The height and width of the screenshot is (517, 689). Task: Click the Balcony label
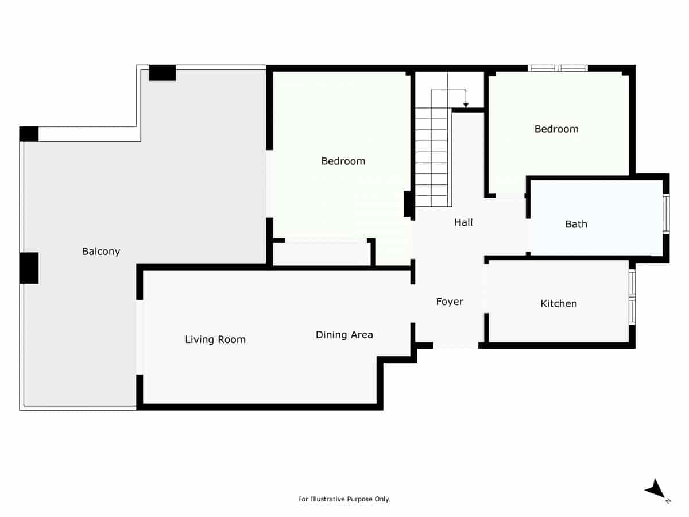point(101,251)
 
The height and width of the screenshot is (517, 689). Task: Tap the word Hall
point(463,222)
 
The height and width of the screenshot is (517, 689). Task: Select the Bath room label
point(576,224)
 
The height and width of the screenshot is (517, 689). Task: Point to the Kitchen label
point(559,303)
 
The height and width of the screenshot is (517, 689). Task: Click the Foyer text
point(449,302)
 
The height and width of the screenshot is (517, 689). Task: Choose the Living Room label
point(215,339)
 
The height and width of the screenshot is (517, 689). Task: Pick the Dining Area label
point(344,334)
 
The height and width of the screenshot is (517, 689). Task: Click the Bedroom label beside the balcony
point(343,161)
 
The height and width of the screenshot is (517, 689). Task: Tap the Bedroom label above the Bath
point(556,129)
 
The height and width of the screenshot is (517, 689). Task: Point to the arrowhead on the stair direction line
point(466,105)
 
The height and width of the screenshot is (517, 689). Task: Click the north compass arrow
point(655,490)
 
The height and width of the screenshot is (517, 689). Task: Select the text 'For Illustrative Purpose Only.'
point(344,499)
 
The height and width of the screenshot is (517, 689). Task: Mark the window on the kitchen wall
point(632,297)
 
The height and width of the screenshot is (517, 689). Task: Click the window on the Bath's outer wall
point(666,214)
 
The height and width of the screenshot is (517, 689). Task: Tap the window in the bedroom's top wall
point(558,68)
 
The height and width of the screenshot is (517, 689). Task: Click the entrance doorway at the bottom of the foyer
point(455,346)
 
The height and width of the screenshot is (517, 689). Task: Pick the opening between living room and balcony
point(140,337)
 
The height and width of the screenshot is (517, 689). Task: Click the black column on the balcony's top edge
point(162,73)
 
